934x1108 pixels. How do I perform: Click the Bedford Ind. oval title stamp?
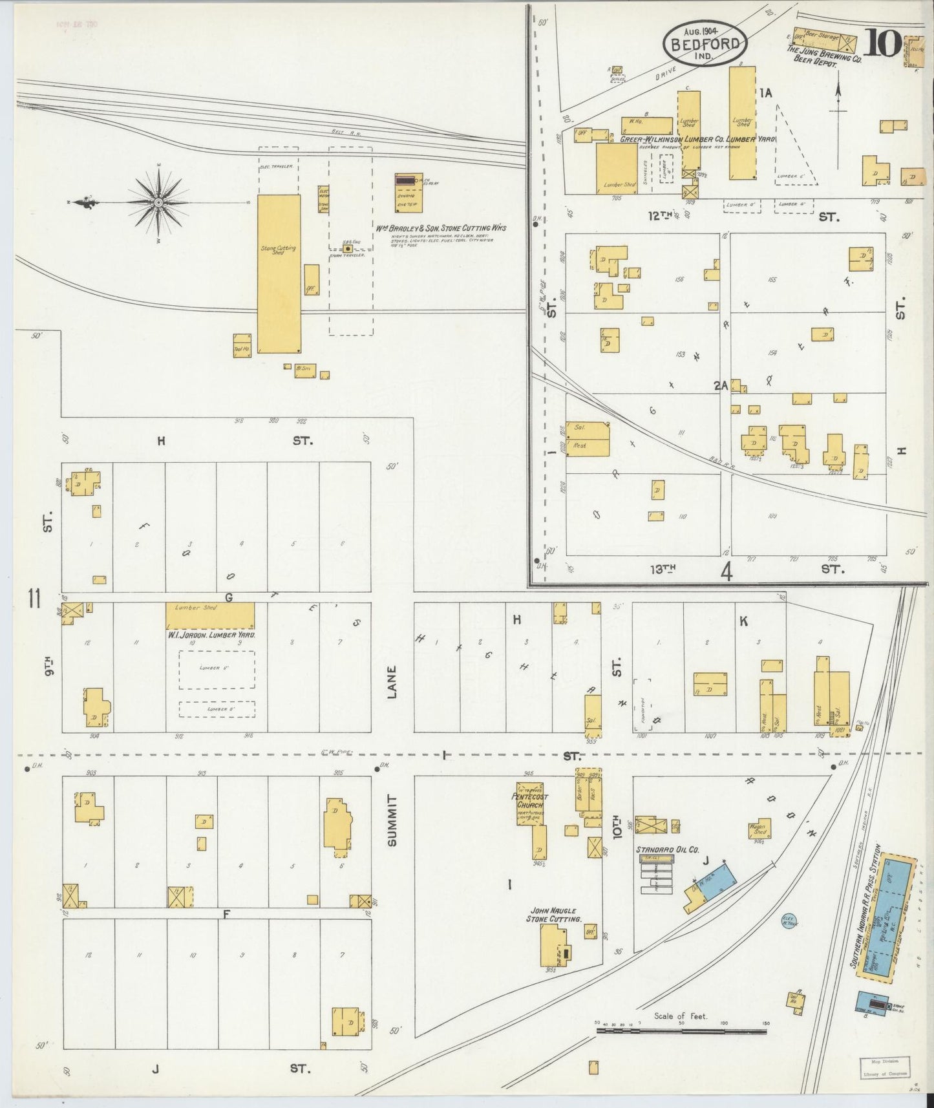705,45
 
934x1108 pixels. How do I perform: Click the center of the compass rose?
158,203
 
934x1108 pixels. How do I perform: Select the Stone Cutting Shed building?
279,273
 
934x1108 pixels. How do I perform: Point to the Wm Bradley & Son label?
441,228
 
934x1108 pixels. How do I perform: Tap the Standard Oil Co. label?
659,849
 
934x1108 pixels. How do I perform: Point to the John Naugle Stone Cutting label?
554,915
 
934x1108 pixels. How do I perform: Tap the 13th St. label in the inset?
663,569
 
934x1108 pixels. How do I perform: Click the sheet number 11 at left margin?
34,599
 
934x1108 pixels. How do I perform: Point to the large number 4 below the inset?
727,571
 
